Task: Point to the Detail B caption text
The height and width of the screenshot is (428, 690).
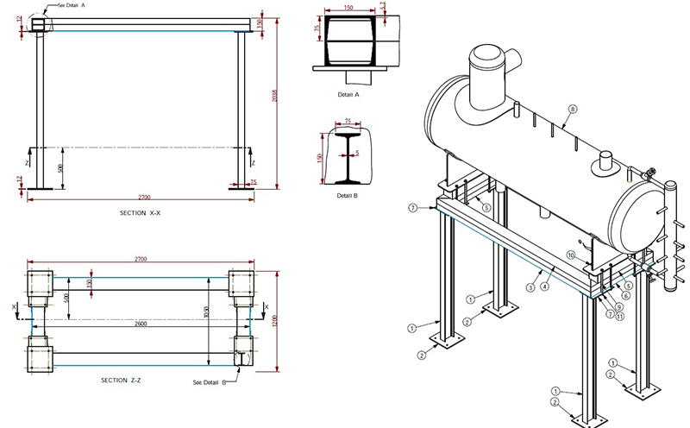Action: click(348, 195)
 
